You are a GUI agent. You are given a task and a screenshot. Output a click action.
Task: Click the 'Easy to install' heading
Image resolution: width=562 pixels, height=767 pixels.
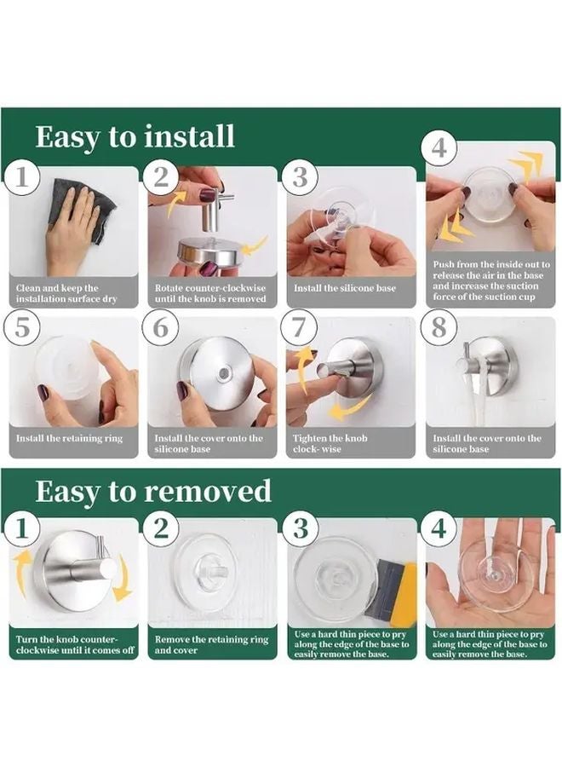(x=135, y=137)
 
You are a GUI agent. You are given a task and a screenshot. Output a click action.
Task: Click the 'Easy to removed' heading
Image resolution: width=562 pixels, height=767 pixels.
(x=153, y=491)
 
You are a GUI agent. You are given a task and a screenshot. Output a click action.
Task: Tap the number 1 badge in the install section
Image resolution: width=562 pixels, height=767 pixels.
(x=23, y=177)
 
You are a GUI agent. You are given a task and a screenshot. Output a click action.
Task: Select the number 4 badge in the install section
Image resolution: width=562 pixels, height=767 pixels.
(x=439, y=147)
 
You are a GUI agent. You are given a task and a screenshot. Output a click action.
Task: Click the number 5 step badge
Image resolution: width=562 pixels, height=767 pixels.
(x=23, y=328)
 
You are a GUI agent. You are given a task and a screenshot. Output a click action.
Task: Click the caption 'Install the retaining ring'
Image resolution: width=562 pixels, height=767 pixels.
(x=70, y=438)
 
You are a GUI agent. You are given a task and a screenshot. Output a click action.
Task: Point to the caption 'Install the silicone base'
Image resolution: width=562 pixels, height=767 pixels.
(x=345, y=288)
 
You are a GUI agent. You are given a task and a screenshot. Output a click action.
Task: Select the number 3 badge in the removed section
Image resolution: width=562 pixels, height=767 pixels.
(x=300, y=528)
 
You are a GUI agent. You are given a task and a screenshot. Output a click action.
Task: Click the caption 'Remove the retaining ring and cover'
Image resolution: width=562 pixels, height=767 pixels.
(x=211, y=644)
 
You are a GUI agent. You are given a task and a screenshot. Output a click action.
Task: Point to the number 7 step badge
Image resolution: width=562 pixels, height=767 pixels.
(x=300, y=328)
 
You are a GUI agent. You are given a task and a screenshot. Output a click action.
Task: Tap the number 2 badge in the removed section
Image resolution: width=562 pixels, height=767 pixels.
(x=161, y=528)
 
